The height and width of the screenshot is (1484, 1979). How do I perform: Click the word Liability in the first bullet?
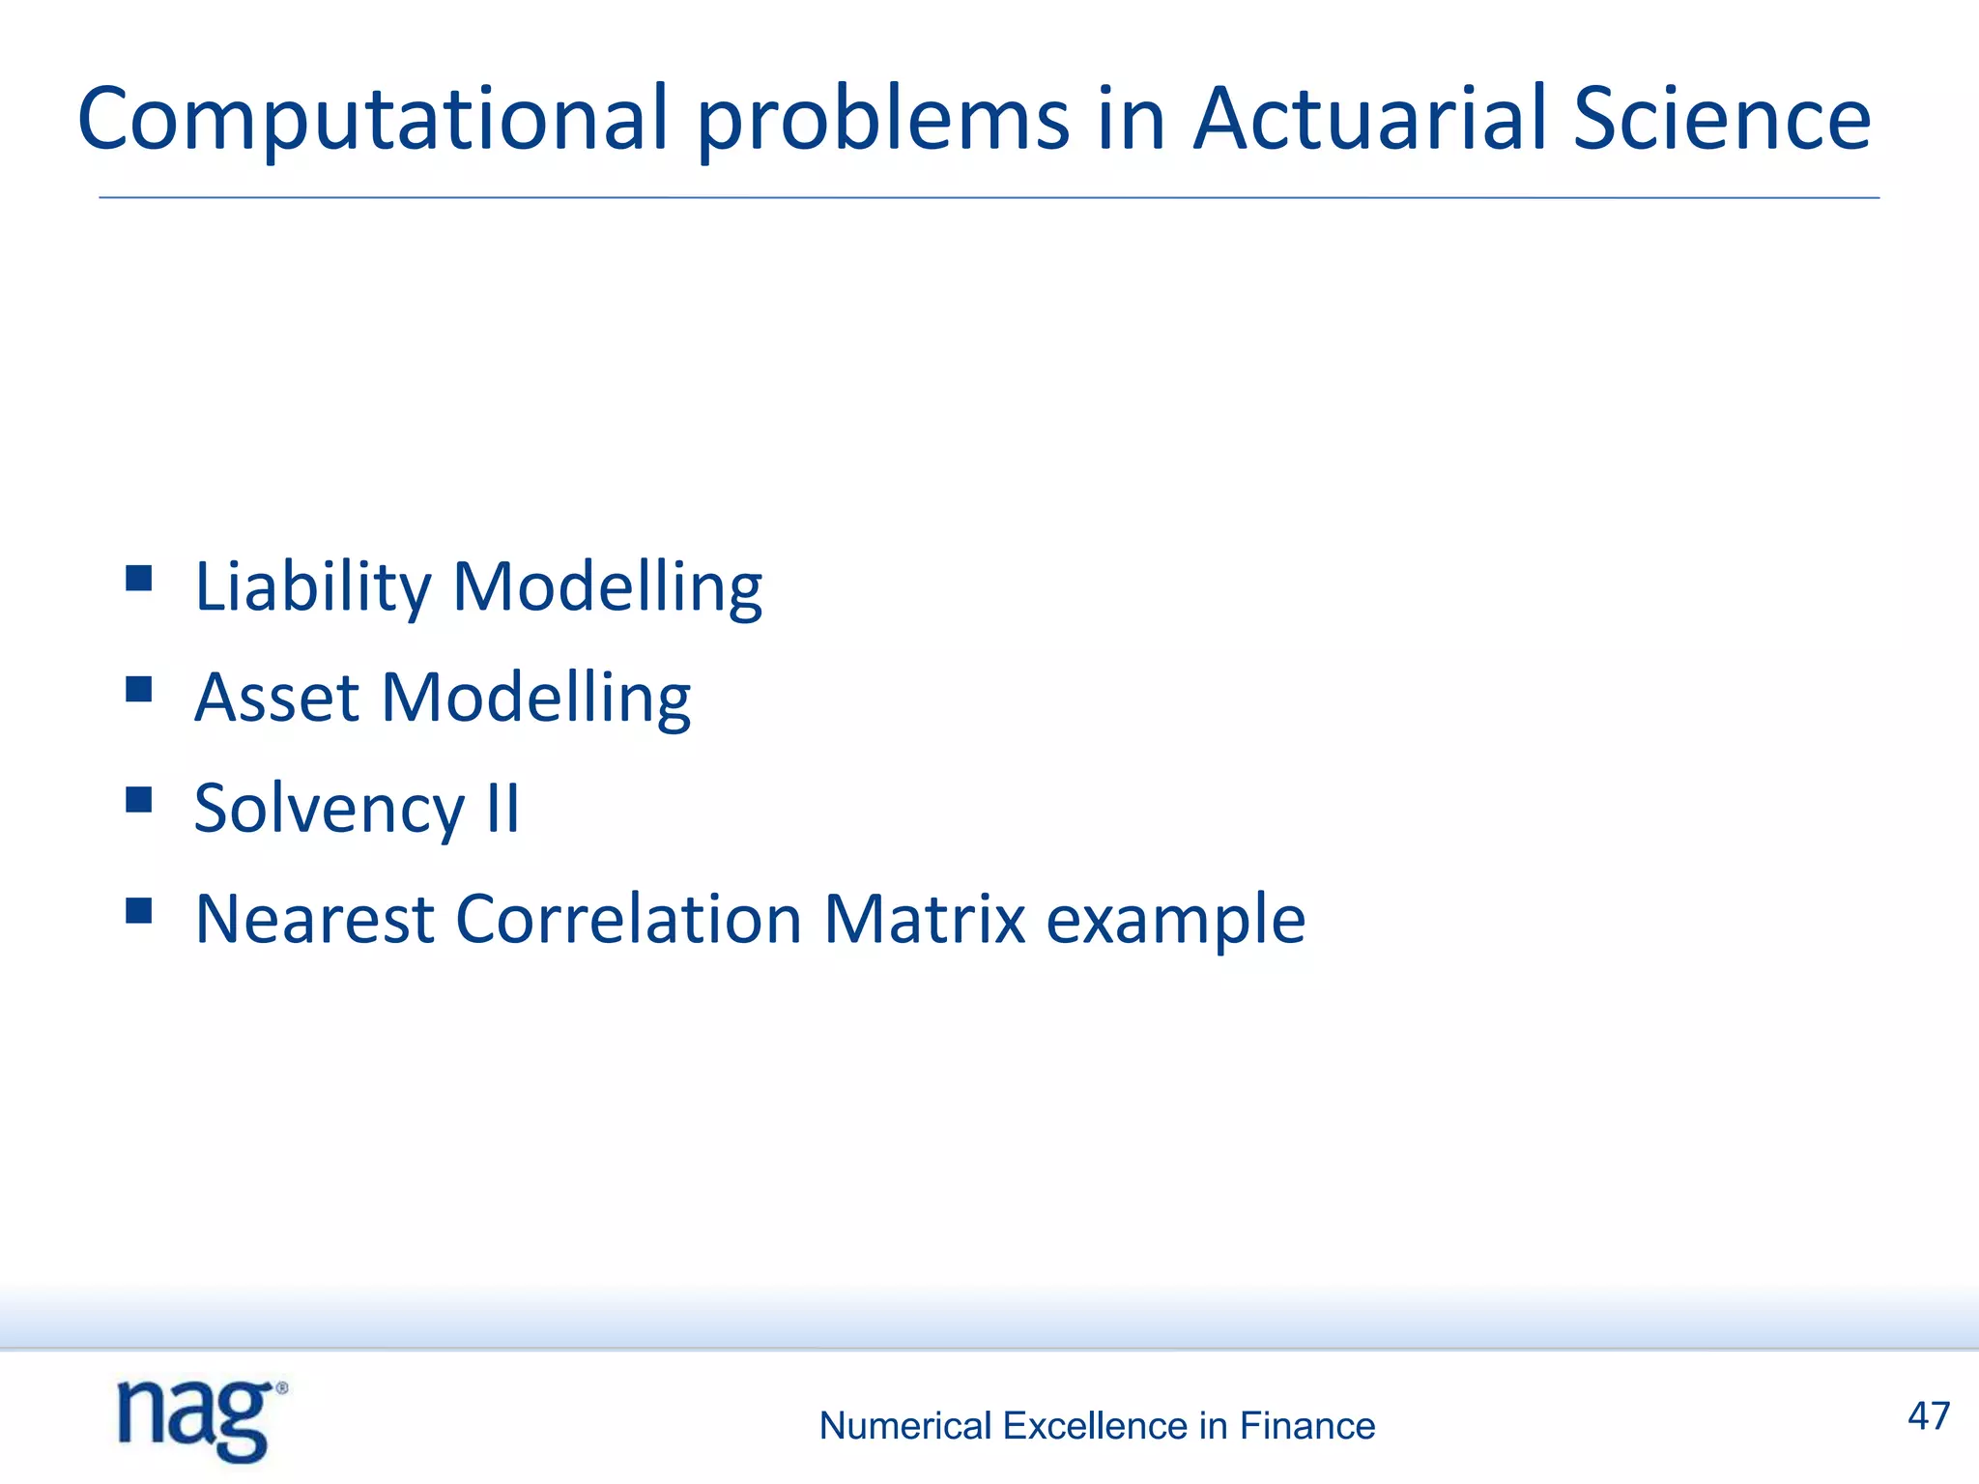[x=312, y=587]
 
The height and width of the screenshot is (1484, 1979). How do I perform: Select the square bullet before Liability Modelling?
[x=139, y=579]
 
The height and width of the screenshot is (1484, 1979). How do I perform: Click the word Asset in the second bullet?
[x=276, y=698]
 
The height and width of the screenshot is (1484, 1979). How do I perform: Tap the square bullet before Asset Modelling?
[x=139, y=689]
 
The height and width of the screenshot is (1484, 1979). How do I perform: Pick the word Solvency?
[x=330, y=809]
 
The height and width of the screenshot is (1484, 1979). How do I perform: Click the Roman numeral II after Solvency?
[x=502, y=809]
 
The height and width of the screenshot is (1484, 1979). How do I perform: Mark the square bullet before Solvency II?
[x=139, y=800]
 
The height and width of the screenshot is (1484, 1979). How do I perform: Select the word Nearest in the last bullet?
[x=314, y=919]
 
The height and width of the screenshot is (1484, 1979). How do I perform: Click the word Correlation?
[x=628, y=919]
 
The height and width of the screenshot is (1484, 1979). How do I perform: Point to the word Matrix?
[x=924, y=919]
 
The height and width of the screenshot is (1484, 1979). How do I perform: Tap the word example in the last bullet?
[x=1176, y=919]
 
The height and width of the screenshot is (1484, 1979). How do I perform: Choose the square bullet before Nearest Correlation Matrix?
[x=139, y=910]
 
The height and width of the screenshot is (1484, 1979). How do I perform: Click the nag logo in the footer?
[x=201, y=1420]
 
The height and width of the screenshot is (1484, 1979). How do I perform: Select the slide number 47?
[x=1929, y=1416]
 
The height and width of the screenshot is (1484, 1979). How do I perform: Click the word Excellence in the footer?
[x=1095, y=1426]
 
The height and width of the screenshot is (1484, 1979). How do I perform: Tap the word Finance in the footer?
[x=1307, y=1426]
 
